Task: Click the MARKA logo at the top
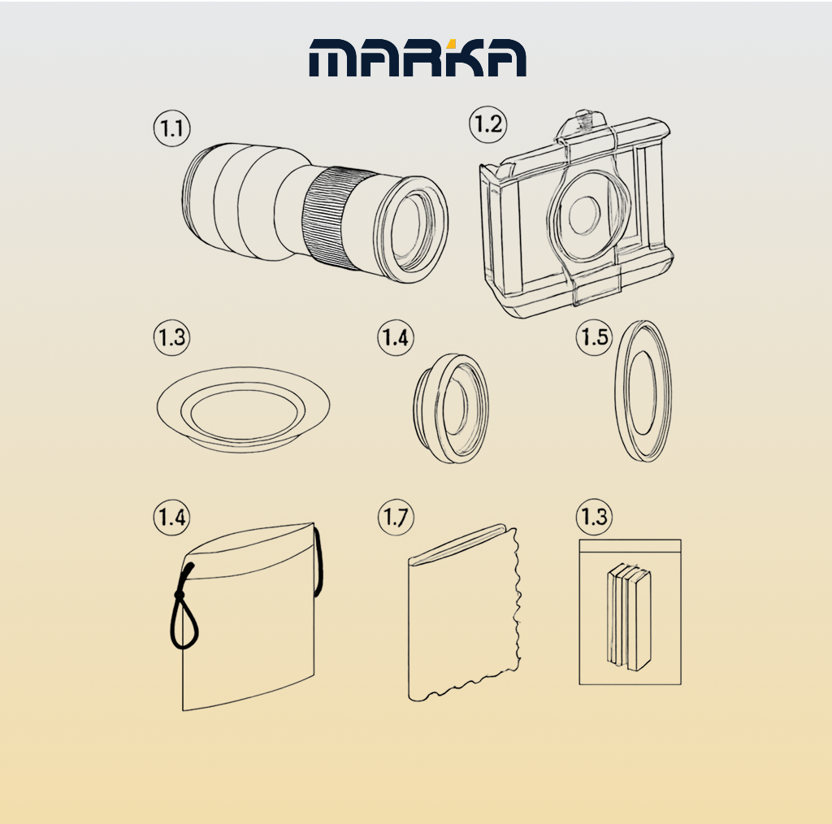coord(418,58)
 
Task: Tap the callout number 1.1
coord(172,129)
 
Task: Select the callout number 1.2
coord(487,124)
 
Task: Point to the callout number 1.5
coord(594,337)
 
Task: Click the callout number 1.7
coord(396,518)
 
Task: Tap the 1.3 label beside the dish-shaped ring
coord(172,337)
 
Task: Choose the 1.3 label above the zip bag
coord(594,517)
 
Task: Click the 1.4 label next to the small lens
coord(396,337)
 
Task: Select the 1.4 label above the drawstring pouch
coord(172,518)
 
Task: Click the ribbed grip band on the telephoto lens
coord(333,218)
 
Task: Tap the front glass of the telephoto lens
coord(409,229)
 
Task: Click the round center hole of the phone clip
coord(583,215)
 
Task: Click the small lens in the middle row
coord(451,408)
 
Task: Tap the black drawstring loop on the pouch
coord(183,608)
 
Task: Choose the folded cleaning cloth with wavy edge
coord(464,613)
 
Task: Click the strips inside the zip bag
coord(630,617)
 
